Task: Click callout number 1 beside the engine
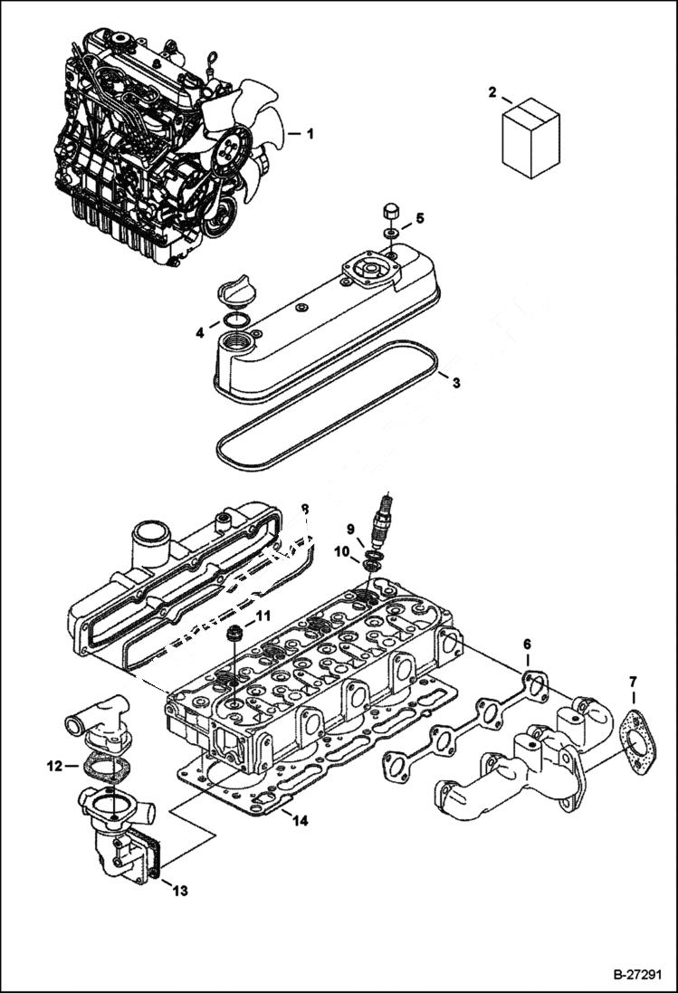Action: click(x=310, y=134)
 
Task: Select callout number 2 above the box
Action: click(x=492, y=91)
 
